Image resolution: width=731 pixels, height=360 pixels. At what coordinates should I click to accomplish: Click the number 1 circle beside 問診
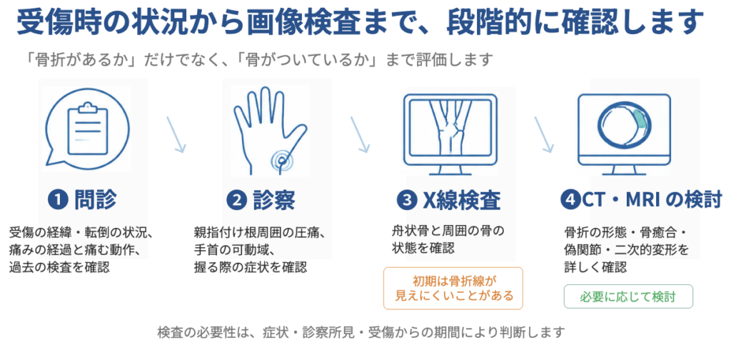tap(58, 201)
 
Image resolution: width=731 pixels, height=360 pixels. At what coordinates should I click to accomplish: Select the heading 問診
tap(96, 201)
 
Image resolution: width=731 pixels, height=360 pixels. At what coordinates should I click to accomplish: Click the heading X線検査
tap(462, 201)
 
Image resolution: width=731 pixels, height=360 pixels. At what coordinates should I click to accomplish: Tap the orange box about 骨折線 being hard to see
tap(453, 288)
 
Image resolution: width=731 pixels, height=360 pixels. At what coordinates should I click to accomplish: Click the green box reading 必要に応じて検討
tap(628, 296)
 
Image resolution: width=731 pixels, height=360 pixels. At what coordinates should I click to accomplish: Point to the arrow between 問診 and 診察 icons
tap(177, 134)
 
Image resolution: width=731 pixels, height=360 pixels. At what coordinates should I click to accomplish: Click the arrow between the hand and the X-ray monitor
tap(361, 134)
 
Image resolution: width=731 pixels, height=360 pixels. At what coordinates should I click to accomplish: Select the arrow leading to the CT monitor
tap(543, 134)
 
